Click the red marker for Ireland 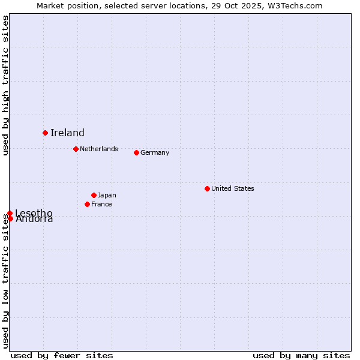(45, 133)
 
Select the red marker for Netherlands (76, 149)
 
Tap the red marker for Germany (136, 152)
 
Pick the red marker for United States (207, 188)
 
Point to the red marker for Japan (94, 195)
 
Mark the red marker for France (87, 204)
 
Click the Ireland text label (67, 133)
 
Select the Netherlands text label (98, 149)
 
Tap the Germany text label (155, 152)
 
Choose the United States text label (232, 188)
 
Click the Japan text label (107, 195)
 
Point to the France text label (101, 204)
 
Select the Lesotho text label (34, 213)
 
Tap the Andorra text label (34, 219)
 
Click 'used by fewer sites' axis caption (62, 355)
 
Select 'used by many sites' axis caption (301, 355)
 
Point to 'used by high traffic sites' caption (6, 85)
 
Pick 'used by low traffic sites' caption (6, 281)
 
